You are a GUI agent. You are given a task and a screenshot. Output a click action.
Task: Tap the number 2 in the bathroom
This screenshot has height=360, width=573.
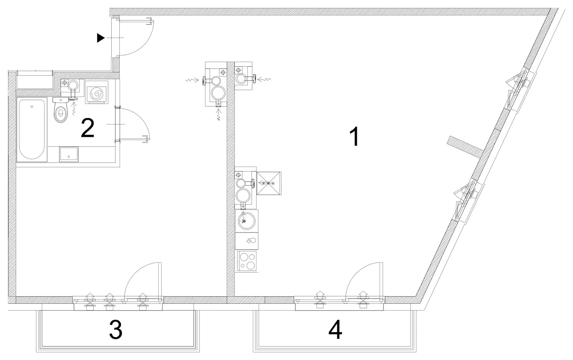point(88,128)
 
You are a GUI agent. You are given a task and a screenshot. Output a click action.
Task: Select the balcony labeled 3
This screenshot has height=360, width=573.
point(116,330)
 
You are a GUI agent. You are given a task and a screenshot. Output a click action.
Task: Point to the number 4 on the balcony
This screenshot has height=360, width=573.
point(335,330)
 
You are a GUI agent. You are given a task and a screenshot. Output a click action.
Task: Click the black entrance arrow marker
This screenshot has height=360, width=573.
point(101,38)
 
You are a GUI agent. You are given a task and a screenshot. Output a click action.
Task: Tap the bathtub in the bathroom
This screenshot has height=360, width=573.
point(32,129)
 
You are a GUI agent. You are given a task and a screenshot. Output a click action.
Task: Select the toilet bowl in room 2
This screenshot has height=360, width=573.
point(61,110)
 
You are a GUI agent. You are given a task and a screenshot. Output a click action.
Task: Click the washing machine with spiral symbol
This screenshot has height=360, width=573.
point(97,92)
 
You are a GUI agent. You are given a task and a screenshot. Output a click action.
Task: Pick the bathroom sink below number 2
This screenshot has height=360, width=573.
point(69,154)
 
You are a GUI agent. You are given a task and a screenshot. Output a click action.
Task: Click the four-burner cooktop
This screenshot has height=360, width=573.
point(247,261)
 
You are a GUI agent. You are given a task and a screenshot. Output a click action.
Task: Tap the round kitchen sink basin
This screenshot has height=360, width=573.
point(246,221)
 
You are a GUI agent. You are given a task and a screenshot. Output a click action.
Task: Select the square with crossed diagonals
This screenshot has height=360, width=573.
point(269,183)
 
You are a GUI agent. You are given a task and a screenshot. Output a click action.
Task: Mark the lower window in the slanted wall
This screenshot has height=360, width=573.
point(467,202)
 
